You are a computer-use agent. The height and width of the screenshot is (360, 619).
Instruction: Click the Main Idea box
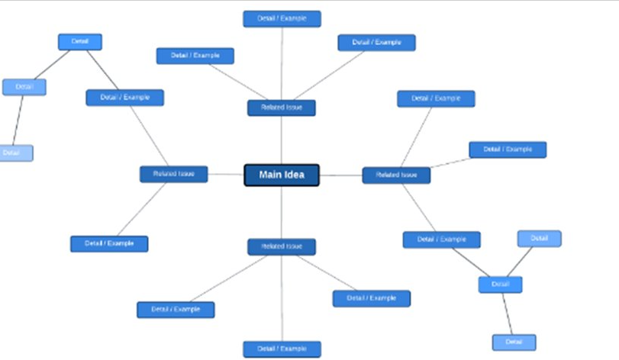(x=282, y=175)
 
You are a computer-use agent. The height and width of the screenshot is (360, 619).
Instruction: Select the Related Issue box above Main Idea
(x=282, y=108)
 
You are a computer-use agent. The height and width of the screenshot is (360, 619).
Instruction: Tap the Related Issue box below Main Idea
(x=282, y=246)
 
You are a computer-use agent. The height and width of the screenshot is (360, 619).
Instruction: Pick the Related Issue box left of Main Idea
(x=173, y=174)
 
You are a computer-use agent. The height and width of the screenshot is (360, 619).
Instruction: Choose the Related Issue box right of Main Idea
(x=396, y=175)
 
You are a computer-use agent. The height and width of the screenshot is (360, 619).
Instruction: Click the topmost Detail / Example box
(x=282, y=18)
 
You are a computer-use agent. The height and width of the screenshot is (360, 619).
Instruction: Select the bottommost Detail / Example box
(x=282, y=349)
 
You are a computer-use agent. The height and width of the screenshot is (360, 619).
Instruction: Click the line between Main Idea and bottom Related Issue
(x=282, y=212)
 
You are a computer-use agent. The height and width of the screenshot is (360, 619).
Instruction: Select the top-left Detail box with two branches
(x=80, y=41)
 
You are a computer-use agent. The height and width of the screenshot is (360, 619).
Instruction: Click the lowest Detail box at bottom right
(x=514, y=342)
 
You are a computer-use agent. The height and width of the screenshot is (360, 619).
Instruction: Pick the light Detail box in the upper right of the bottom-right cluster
(x=540, y=239)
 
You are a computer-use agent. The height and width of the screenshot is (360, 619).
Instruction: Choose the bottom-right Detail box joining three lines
(x=500, y=284)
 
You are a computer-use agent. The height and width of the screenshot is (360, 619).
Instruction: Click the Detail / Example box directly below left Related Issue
(x=109, y=243)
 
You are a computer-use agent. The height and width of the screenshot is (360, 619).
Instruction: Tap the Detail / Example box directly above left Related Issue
(x=124, y=98)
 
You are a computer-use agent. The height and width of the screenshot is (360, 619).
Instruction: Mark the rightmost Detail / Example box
(x=508, y=149)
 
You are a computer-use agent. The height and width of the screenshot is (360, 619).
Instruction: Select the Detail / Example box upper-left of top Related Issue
(x=195, y=56)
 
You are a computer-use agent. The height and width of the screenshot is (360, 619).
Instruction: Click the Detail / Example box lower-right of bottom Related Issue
(x=372, y=298)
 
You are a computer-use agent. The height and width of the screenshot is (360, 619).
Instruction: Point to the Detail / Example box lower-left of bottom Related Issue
(x=176, y=310)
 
